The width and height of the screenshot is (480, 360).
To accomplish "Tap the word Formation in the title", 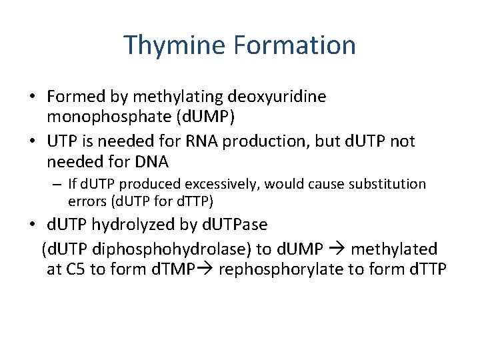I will [295, 45].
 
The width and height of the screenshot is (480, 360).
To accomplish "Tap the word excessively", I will [239, 183].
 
